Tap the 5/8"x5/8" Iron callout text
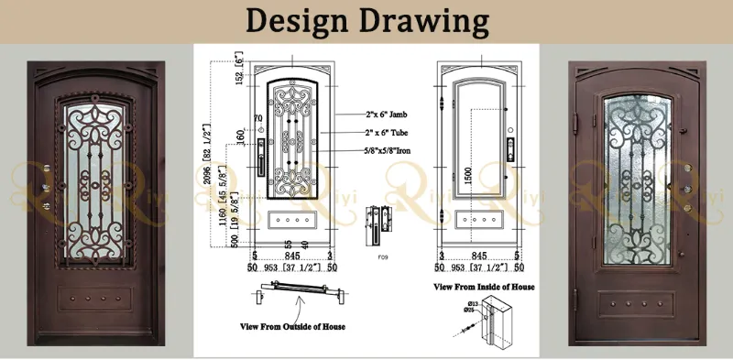pos(369,149)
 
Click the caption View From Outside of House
pos(292,325)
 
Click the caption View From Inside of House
pos(485,287)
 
